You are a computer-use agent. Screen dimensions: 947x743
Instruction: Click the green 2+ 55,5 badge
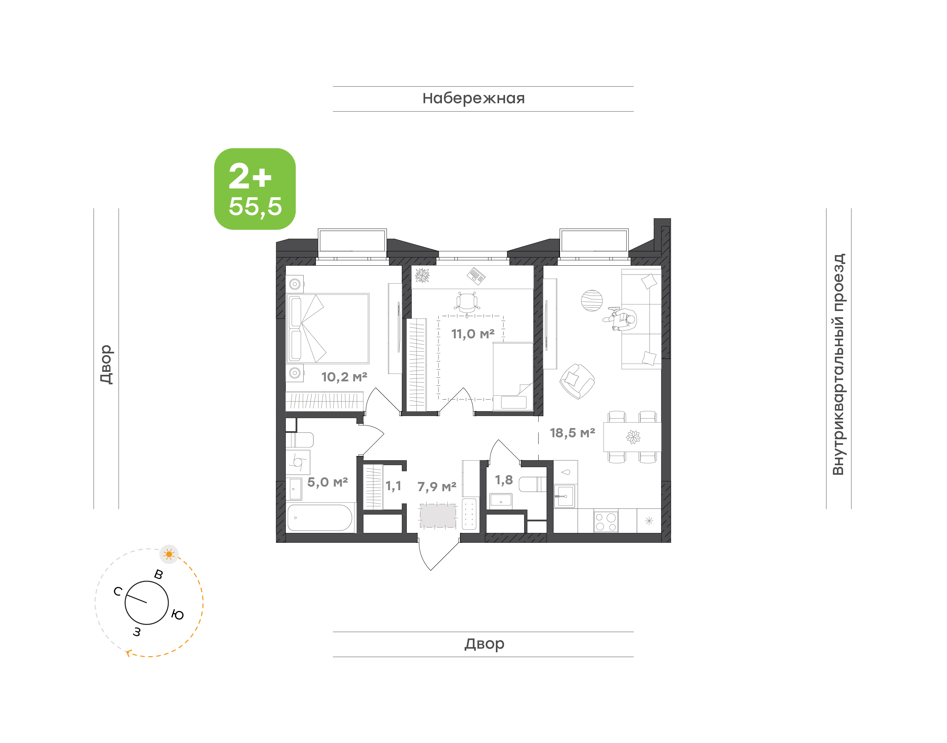(255, 189)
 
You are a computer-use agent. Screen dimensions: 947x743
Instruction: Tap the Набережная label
(474, 98)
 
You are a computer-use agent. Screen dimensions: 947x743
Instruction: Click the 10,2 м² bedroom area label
(344, 377)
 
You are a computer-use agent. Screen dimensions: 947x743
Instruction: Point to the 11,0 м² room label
(473, 334)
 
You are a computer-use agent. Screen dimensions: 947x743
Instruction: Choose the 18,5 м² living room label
(572, 433)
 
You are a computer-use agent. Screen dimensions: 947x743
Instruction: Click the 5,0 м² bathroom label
(328, 482)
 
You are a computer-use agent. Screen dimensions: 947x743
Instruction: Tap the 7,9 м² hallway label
(437, 487)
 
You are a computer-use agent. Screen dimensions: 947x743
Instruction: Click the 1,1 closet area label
(393, 486)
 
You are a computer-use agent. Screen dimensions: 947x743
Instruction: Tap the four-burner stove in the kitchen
(606, 521)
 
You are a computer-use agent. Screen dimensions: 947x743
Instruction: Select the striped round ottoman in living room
(592, 300)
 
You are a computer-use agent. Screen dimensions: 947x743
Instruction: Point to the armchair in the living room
(577, 381)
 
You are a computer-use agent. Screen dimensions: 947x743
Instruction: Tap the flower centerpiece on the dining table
(633, 436)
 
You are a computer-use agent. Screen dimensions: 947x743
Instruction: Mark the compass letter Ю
(178, 615)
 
